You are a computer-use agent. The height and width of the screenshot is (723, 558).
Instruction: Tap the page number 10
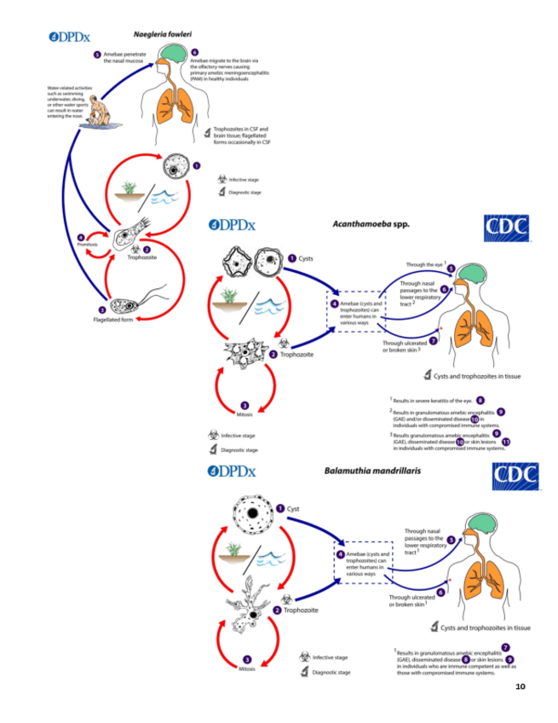click(x=520, y=686)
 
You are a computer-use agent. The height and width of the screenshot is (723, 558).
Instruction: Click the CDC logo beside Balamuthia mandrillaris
click(x=516, y=476)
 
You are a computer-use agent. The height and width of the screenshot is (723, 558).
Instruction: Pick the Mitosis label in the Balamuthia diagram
click(x=247, y=668)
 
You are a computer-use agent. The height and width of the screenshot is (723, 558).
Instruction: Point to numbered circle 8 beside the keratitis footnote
click(x=480, y=398)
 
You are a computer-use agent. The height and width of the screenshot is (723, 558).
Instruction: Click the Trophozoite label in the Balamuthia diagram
click(x=301, y=610)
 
